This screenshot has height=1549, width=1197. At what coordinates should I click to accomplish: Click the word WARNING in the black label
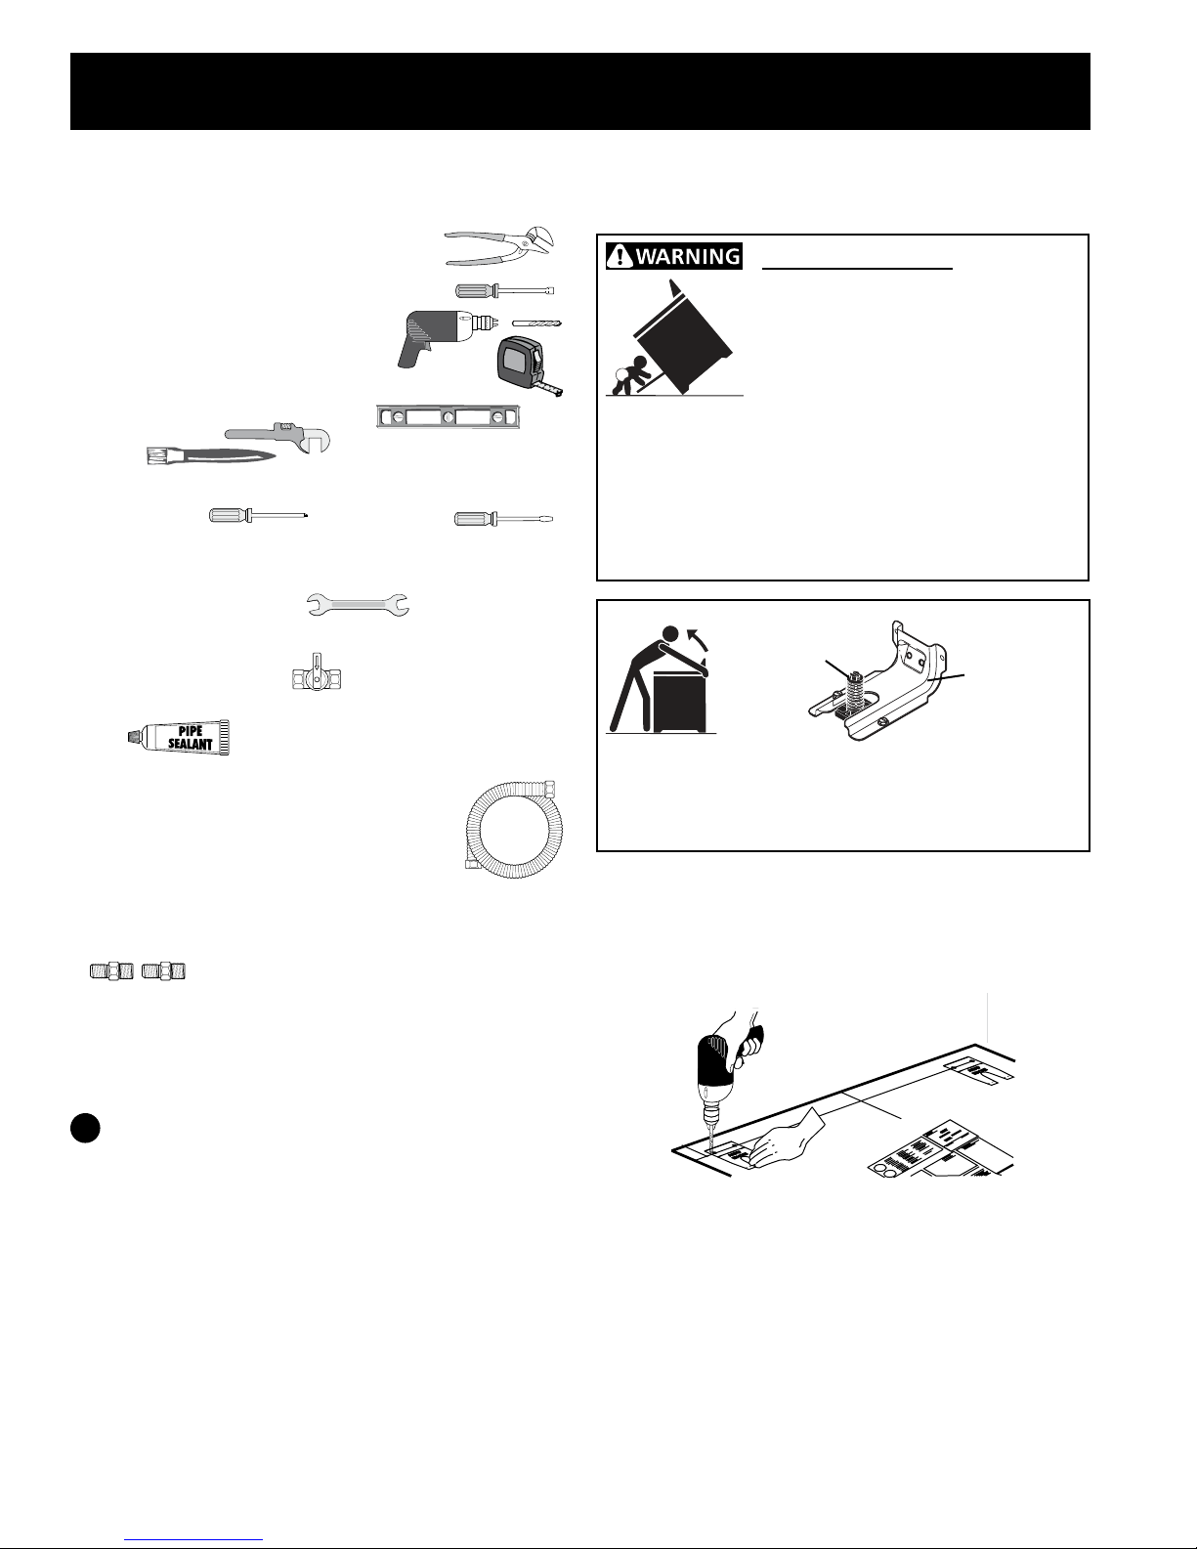pyautogui.click(x=688, y=256)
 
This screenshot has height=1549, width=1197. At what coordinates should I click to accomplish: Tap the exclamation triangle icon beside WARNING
pyautogui.click(x=620, y=256)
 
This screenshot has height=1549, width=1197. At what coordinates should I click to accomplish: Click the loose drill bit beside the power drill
pyautogui.click(x=536, y=323)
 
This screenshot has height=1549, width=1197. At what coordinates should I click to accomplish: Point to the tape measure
pyautogui.click(x=528, y=365)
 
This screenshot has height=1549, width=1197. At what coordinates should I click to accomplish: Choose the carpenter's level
pyautogui.click(x=449, y=416)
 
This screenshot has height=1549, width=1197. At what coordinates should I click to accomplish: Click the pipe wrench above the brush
pyautogui.click(x=278, y=436)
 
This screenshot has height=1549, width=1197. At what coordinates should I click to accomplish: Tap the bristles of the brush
pyautogui.click(x=155, y=456)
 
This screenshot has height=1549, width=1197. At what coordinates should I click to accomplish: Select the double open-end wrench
pyautogui.click(x=358, y=605)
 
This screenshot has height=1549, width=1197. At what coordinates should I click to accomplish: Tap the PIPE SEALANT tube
pyautogui.click(x=178, y=737)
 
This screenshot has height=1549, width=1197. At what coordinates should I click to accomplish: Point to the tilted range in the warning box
pyautogui.click(x=683, y=335)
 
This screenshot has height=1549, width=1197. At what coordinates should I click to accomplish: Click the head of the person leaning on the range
pyautogui.click(x=670, y=633)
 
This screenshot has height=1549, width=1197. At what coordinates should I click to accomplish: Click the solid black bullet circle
pyautogui.click(x=86, y=1128)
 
